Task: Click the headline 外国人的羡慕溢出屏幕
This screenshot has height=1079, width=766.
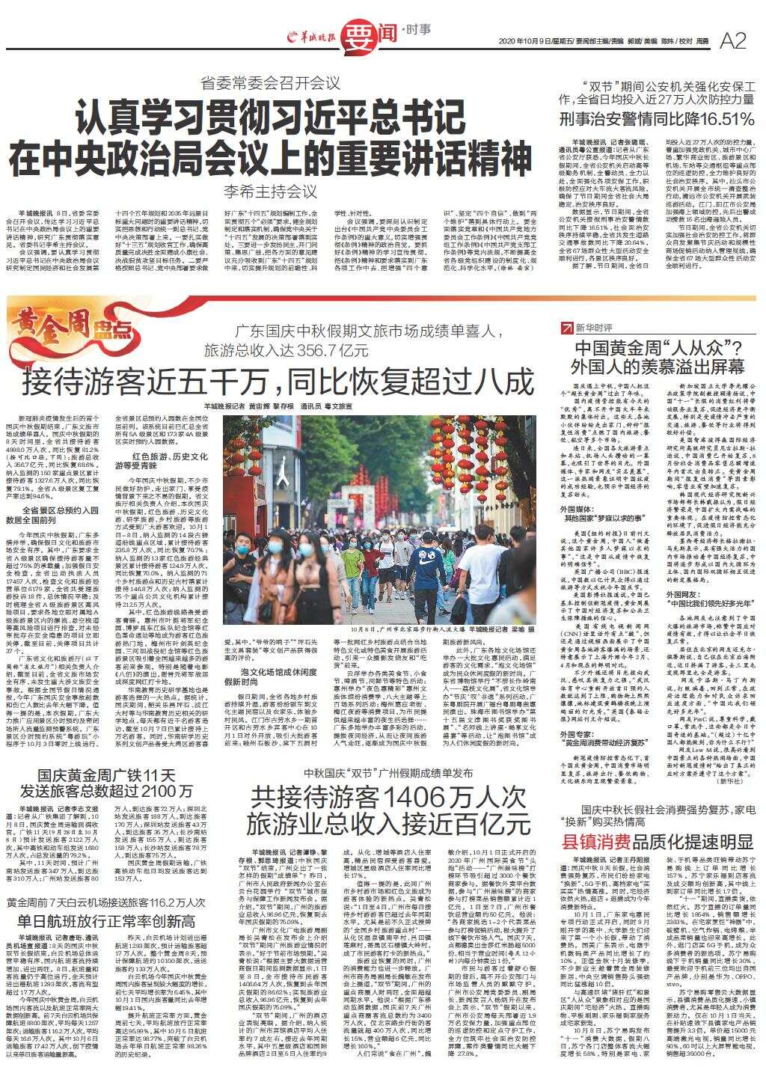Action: pos(658,367)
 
